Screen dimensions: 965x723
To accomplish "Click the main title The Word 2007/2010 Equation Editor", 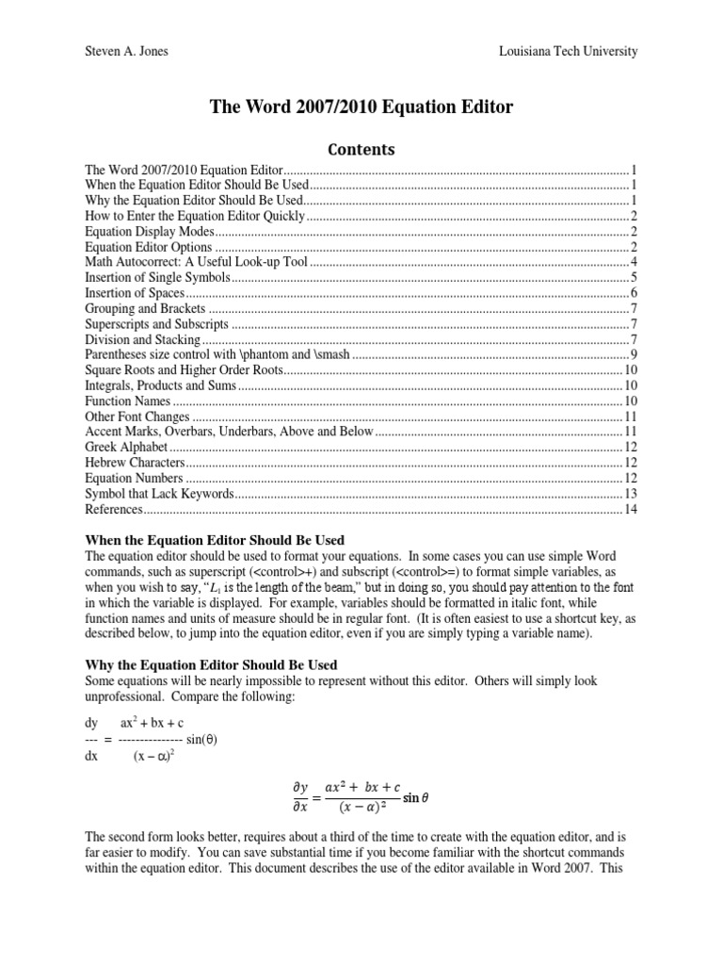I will point(361,107).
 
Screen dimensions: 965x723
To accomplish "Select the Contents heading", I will point(361,149).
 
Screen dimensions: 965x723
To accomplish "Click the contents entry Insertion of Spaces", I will point(134,292).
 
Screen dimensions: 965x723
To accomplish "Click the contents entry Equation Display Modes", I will point(151,231).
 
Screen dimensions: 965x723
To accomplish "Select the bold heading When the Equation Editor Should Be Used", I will point(215,540).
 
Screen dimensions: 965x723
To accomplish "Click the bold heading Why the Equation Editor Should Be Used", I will point(211,664).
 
